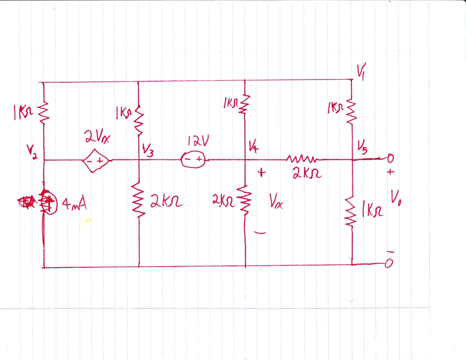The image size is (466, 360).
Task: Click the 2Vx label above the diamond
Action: [97, 138]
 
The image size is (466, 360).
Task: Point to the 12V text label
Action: [198, 142]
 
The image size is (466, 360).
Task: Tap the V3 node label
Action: [148, 152]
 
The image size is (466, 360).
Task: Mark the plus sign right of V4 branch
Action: [262, 173]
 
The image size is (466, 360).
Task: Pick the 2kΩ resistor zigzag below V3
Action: [139, 199]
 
